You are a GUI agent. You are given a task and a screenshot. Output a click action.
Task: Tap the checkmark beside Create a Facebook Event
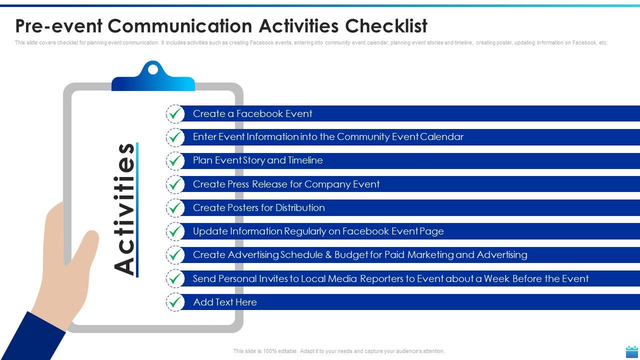click(175, 114)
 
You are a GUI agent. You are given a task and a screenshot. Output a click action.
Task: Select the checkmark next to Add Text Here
click(175, 302)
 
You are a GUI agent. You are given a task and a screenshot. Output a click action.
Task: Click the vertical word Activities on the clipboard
click(125, 209)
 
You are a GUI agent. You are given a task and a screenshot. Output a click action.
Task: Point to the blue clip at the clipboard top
click(153, 77)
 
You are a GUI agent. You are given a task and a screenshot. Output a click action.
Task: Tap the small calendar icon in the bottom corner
click(632, 351)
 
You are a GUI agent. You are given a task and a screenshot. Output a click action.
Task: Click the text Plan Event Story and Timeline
click(257, 160)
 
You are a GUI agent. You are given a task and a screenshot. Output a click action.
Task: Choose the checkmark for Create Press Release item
click(175, 184)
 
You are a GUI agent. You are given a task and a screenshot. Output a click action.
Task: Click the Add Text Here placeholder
click(224, 302)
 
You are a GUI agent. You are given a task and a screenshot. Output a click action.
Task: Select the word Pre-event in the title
click(58, 25)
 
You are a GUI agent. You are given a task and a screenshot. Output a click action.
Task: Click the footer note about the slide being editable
click(338, 351)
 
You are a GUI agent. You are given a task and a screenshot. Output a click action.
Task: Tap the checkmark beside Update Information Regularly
click(175, 231)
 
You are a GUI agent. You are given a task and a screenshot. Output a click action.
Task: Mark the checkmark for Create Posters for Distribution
click(175, 208)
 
